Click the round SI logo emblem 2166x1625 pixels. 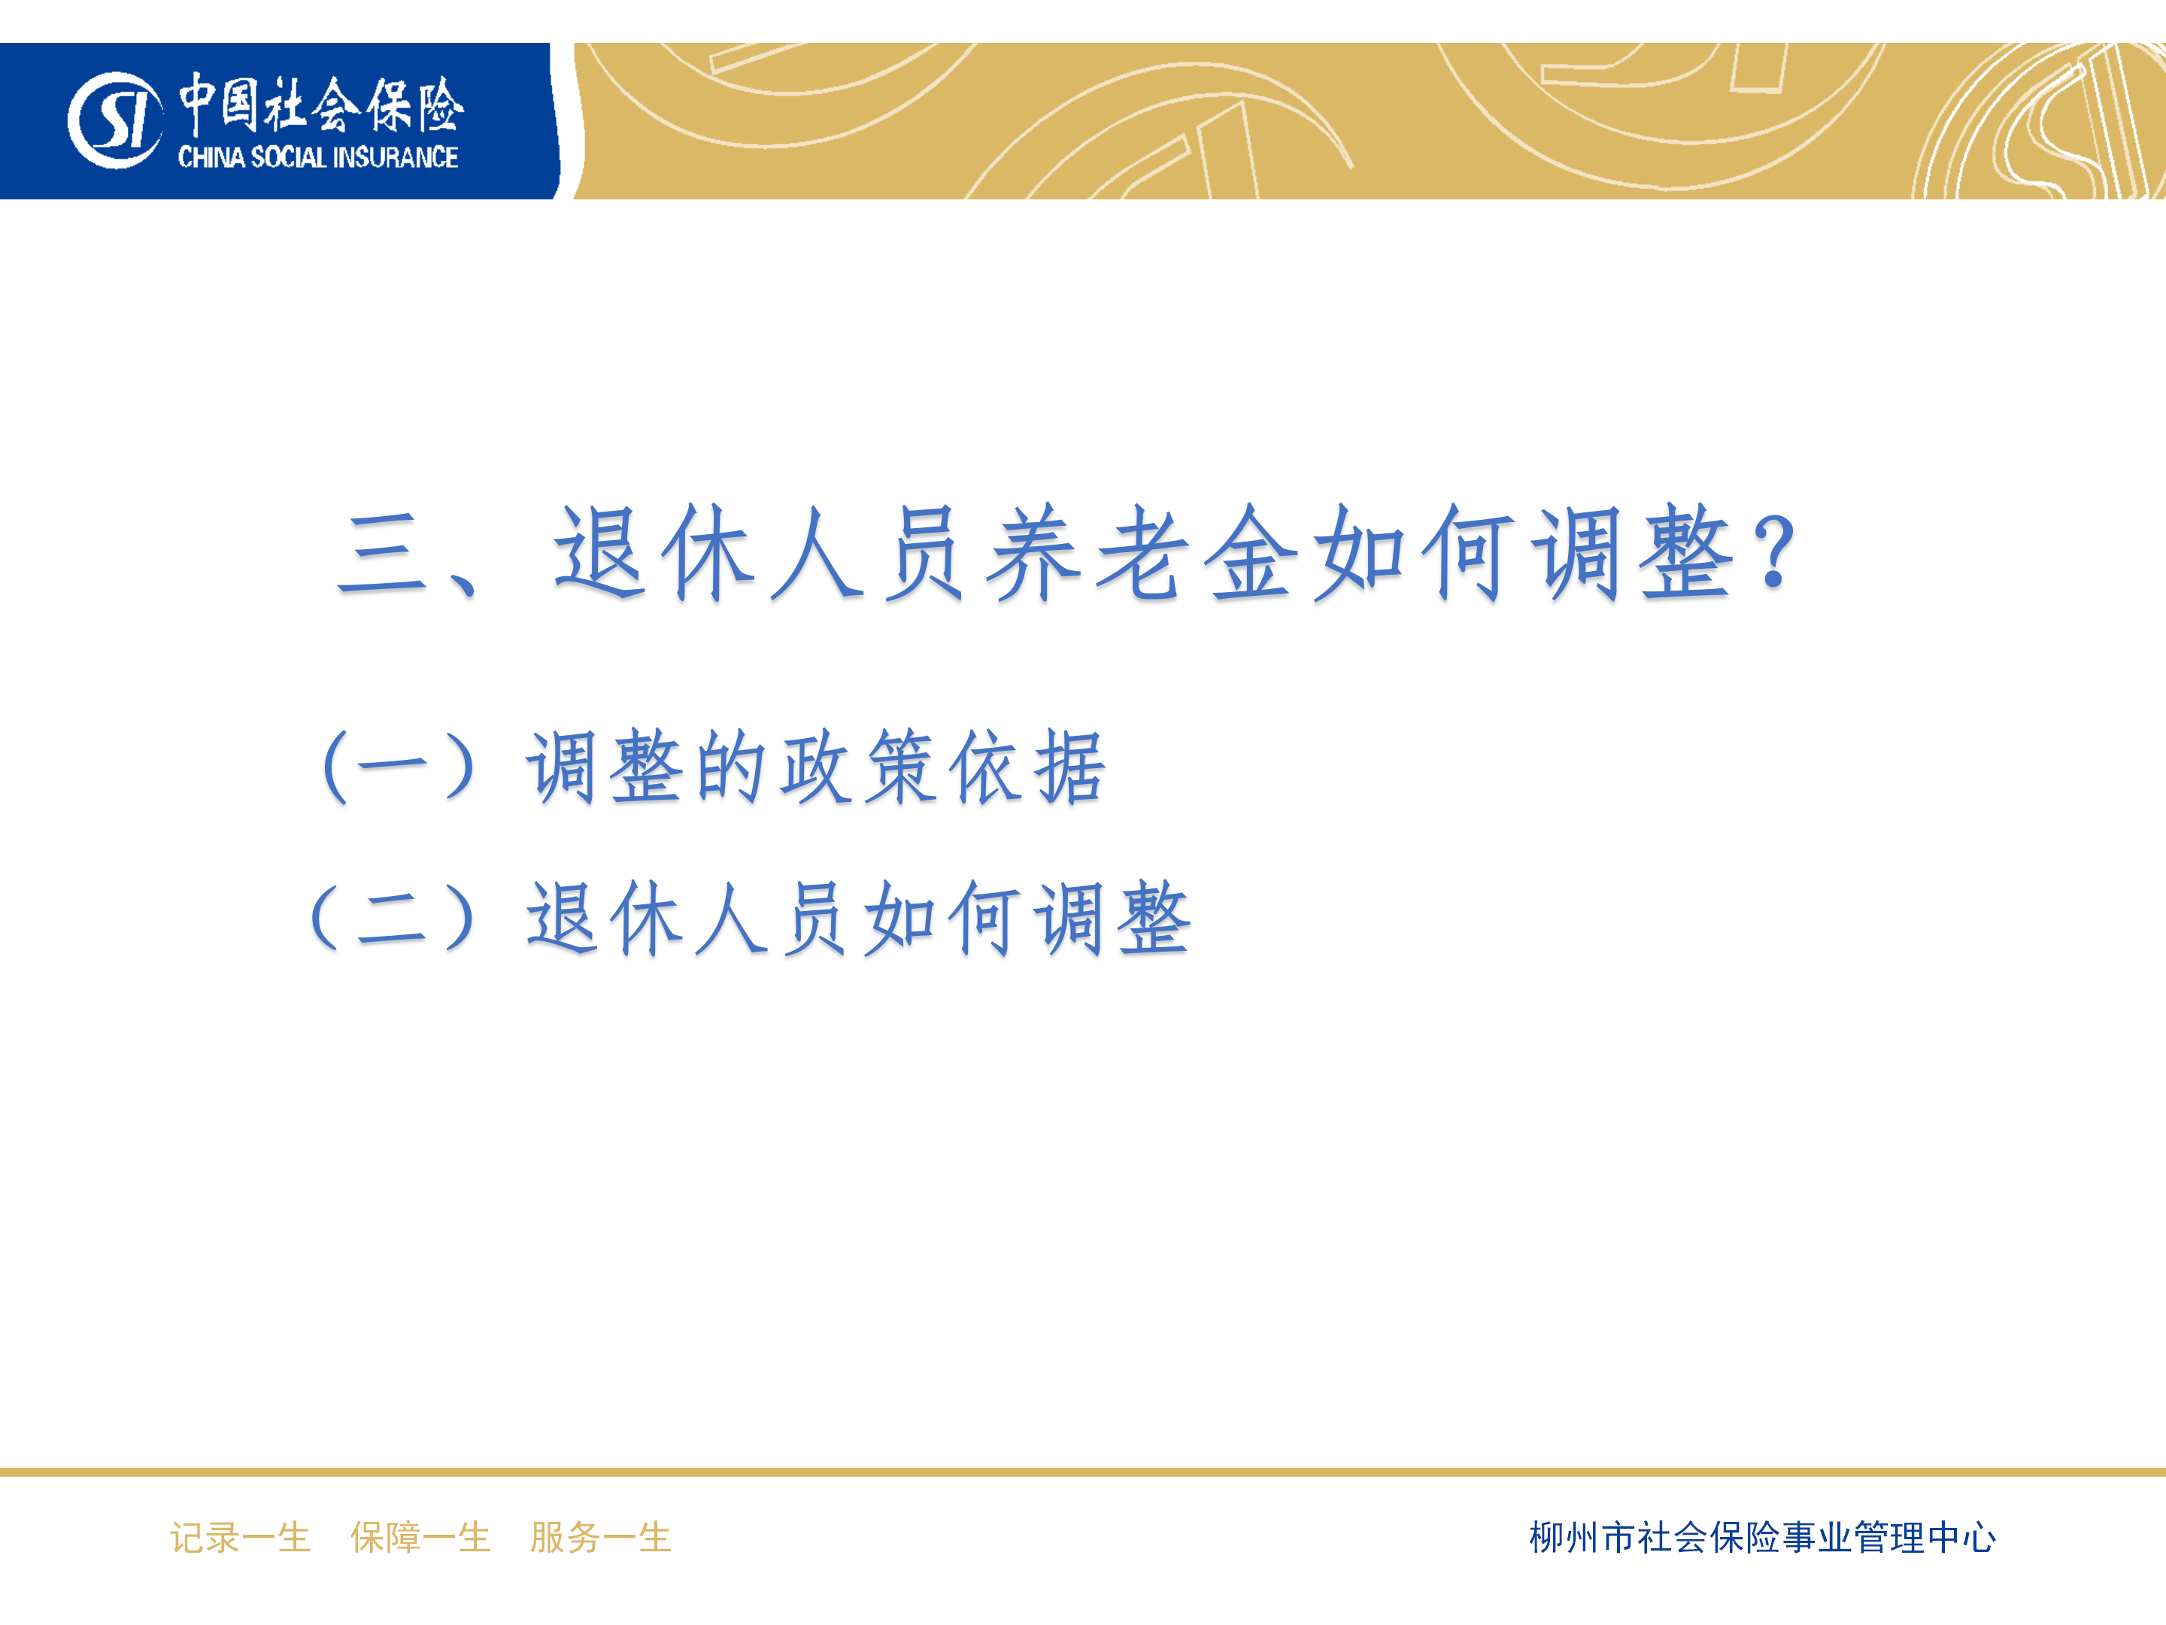pos(114,120)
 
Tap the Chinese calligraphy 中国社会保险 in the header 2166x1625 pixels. pos(321,104)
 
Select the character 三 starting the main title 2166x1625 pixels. pos(382,555)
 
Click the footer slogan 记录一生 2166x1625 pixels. pos(240,1537)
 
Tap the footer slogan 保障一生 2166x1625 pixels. pos(421,1537)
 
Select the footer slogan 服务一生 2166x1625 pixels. pos(601,1537)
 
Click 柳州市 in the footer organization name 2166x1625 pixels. pos(1582,1537)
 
